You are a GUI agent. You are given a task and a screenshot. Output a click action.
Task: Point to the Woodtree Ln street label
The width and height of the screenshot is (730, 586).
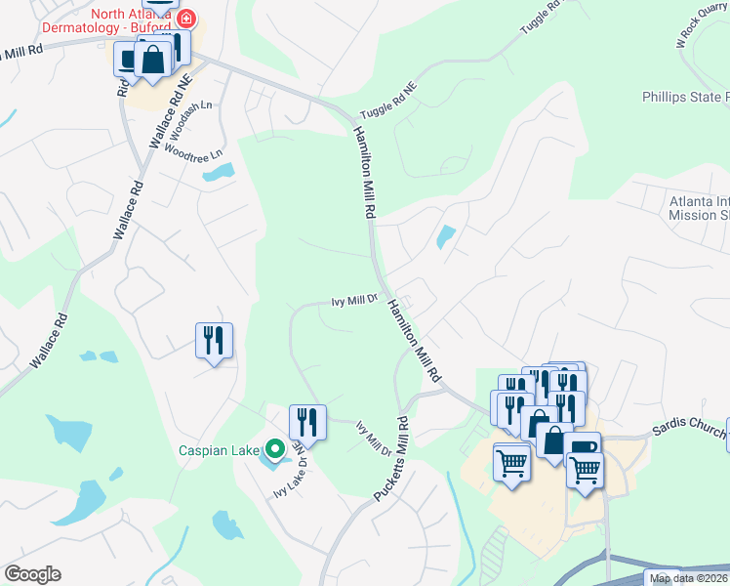(194, 152)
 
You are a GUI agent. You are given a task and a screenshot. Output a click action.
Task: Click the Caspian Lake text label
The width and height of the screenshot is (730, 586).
(219, 450)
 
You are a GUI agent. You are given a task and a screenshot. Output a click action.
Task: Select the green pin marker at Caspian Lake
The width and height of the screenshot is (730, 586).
(275, 449)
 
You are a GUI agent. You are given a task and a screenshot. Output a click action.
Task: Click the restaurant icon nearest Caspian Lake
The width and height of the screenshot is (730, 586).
(307, 422)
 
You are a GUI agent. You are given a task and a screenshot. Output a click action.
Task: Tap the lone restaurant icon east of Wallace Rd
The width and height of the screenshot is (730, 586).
(214, 341)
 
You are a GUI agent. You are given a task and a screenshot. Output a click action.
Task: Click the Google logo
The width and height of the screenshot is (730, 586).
(32, 574)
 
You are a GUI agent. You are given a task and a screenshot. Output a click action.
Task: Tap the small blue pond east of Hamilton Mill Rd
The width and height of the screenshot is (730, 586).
(445, 236)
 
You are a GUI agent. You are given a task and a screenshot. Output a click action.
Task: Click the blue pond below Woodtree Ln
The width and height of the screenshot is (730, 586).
(218, 174)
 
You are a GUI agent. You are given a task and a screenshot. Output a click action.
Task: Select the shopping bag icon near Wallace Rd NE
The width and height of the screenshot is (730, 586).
(153, 61)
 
